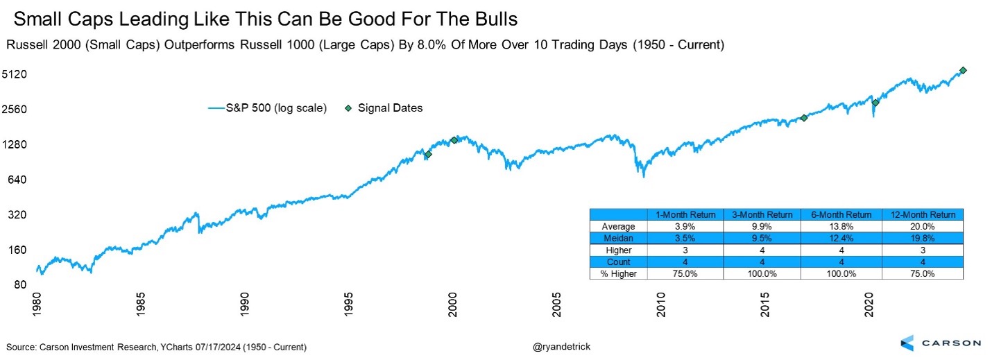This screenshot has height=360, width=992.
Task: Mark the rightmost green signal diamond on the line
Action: click(963, 70)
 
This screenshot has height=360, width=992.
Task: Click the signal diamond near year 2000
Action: click(454, 140)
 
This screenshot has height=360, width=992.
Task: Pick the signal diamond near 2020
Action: click(875, 103)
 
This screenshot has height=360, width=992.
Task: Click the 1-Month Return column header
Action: click(685, 214)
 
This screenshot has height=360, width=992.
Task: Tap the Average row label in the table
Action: click(617, 226)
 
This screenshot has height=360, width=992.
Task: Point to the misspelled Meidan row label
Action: click(617, 238)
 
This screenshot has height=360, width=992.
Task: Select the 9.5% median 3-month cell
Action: click(762, 238)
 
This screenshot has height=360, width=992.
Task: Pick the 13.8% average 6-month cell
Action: click(841, 226)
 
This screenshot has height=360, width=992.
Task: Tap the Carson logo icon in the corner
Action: click(909, 343)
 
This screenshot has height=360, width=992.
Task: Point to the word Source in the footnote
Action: click(22, 346)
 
